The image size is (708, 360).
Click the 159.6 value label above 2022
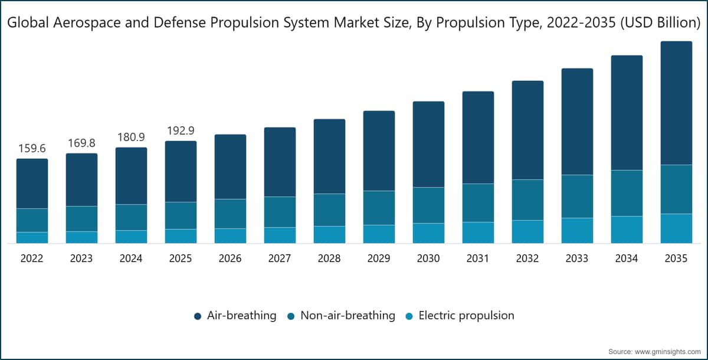click(x=32, y=148)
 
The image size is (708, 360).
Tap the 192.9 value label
click(x=181, y=130)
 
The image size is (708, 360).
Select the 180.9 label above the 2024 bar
click(x=131, y=137)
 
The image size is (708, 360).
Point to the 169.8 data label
click(x=81, y=143)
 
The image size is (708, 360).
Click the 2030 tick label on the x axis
click(x=428, y=258)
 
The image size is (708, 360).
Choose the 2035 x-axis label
click(x=676, y=258)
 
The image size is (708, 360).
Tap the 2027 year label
click(x=280, y=258)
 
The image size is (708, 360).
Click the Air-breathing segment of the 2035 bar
click(x=676, y=103)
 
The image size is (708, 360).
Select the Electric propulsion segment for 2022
click(x=32, y=238)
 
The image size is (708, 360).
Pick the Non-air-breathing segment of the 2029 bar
click(x=379, y=208)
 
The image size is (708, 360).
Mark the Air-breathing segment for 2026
click(x=231, y=167)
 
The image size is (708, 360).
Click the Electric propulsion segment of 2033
click(x=577, y=231)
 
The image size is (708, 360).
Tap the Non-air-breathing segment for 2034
click(x=627, y=193)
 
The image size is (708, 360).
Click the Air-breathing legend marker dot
click(x=198, y=316)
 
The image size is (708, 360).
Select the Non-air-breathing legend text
click(x=348, y=315)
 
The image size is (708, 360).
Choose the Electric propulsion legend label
click(x=466, y=315)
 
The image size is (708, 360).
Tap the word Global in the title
click(x=28, y=22)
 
